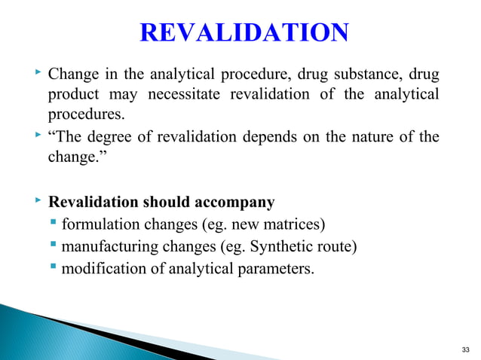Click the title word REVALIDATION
coord(245,33)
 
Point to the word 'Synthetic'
coord(270,246)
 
